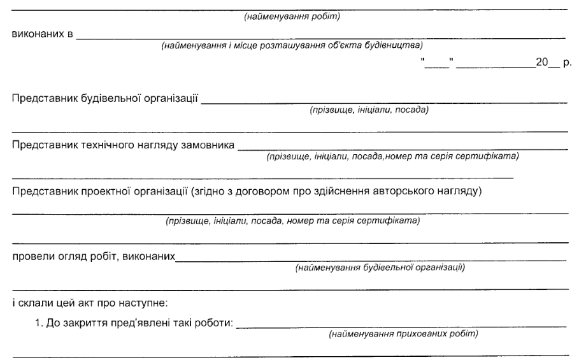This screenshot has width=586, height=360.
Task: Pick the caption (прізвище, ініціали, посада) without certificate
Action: (x=368, y=110)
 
